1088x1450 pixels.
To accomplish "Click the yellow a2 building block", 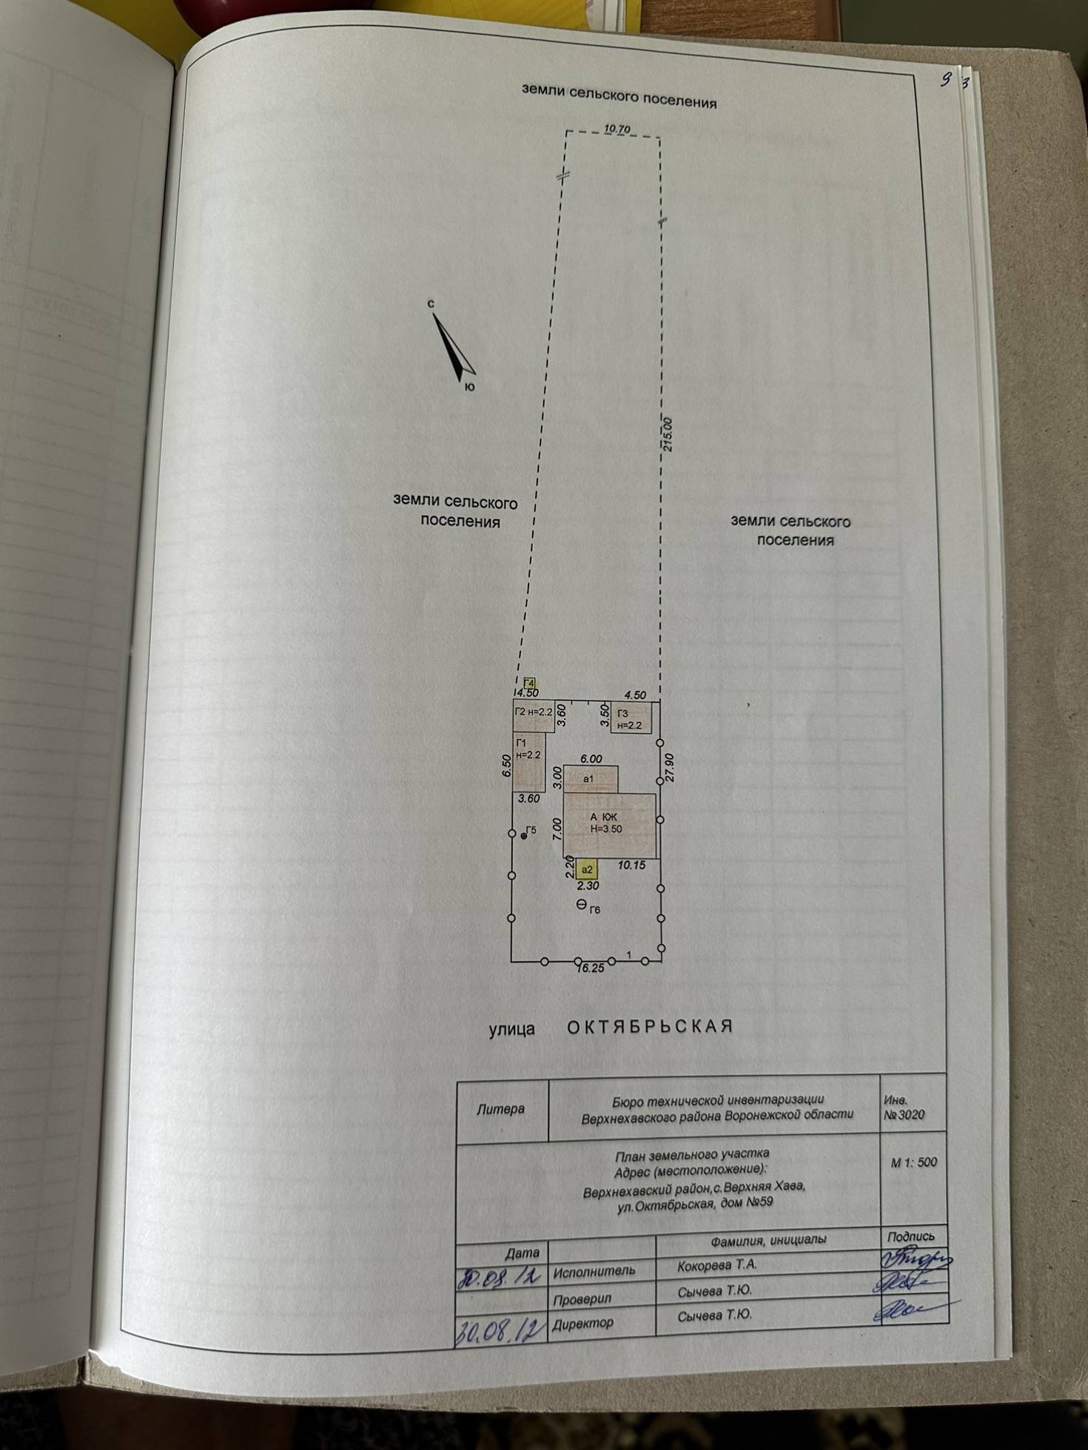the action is coord(587,869).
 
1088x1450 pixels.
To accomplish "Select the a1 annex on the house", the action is coord(591,779).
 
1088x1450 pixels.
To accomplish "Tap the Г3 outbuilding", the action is coord(631,718).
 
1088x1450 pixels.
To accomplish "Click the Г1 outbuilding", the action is coord(530,762).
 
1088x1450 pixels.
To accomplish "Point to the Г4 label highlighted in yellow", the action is coord(529,683).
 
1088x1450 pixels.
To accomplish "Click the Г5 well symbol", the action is coord(524,836).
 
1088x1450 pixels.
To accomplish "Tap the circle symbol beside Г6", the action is coord(581,904).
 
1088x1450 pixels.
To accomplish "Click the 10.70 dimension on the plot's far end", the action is coord(617,129).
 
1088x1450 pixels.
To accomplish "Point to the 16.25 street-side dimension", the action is coord(590,968).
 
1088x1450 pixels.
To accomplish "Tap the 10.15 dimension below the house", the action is coord(631,865).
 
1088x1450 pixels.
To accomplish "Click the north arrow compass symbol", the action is coord(452,347).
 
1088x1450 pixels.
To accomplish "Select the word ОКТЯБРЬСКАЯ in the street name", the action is coord(650,1027).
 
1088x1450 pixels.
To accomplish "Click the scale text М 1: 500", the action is coord(913,1162).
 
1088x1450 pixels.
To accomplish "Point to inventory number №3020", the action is coord(904,1115).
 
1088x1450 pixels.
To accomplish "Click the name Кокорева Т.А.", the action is coord(716,1265).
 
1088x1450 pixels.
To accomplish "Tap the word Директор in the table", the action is coord(583,1323).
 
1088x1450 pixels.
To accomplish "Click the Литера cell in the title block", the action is coord(501,1109).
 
